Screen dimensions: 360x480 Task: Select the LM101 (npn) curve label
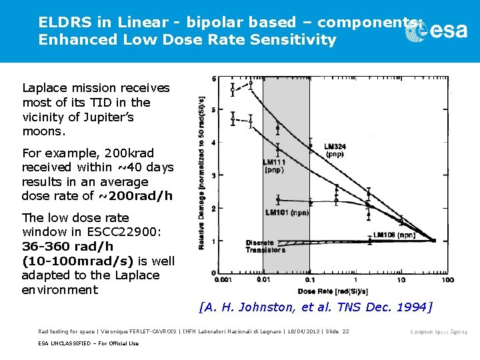click(286, 213)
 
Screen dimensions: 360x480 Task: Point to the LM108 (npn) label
click(395, 235)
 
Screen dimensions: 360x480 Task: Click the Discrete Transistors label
click(265, 246)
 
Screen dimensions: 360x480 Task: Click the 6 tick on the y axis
click(213, 79)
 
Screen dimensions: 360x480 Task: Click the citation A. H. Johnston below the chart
click(315, 307)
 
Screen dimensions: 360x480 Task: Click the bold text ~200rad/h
click(135, 196)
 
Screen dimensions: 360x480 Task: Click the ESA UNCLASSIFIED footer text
click(88, 343)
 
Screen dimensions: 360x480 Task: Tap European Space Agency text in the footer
click(439, 331)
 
